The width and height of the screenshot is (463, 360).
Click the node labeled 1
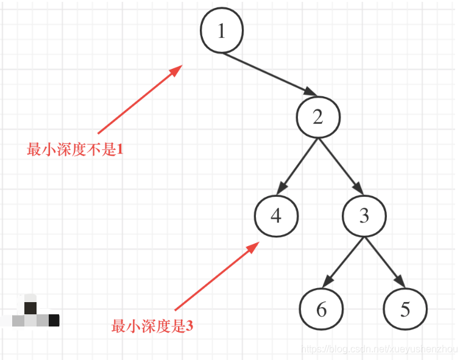click(x=222, y=31)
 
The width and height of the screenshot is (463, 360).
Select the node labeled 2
click(x=317, y=118)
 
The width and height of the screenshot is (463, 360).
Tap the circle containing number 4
click(x=277, y=216)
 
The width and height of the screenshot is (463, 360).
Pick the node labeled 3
click(x=364, y=216)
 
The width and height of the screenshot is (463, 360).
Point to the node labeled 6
click(x=321, y=309)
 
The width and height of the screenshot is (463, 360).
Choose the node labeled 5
click(x=405, y=309)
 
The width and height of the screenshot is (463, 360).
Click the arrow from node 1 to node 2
click(x=268, y=74)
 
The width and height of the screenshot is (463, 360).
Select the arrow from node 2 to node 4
click(x=299, y=163)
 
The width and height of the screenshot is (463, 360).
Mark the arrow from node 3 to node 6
click(x=344, y=261)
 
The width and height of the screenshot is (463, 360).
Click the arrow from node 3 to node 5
click(x=384, y=261)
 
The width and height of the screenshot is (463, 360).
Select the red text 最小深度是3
click(x=152, y=326)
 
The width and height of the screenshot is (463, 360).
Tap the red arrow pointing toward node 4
click(x=214, y=277)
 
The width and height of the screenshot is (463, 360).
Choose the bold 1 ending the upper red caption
click(x=120, y=149)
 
